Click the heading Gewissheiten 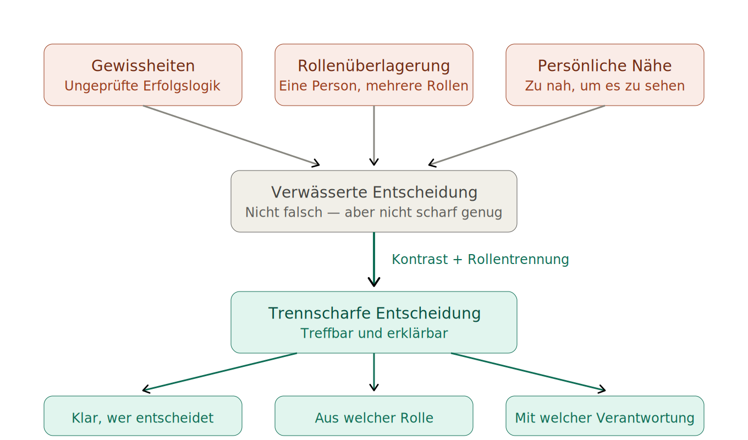(x=143, y=66)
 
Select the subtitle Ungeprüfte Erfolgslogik (x=142, y=86)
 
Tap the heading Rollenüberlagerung (x=374, y=66)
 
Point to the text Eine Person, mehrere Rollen (x=374, y=86)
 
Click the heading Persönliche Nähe (x=604, y=66)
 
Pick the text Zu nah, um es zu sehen (x=604, y=86)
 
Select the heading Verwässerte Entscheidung (x=374, y=193)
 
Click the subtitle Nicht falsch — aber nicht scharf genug (x=374, y=212)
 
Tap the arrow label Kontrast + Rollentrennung (x=480, y=260)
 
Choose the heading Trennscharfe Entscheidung (x=374, y=313)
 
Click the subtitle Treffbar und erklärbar (x=374, y=334)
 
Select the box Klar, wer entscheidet (x=143, y=418)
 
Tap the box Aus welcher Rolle (x=374, y=418)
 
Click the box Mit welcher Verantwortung (x=604, y=418)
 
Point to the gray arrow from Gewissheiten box (x=231, y=135)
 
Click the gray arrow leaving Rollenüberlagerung (x=374, y=135)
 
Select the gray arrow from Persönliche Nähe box (x=517, y=135)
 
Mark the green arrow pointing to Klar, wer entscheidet (x=220, y=372)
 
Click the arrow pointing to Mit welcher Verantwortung (x=528, y=372)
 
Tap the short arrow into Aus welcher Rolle (x=374, y=372)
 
